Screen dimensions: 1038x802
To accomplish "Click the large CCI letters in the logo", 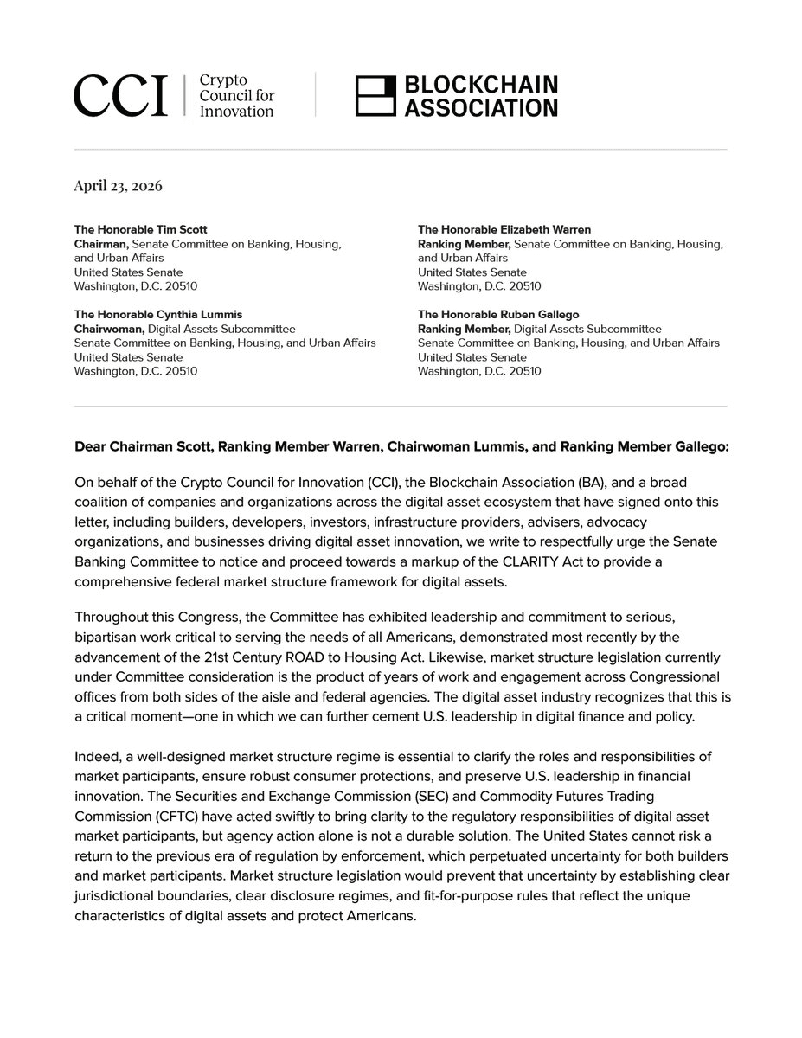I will pos(120,95).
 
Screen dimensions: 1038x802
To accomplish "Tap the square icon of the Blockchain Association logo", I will pos(375,95).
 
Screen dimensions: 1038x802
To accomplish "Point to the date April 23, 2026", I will pos(119,186).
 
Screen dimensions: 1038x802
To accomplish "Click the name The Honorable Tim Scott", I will pos(141,229).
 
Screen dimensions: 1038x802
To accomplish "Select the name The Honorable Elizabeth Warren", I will pos(504,229).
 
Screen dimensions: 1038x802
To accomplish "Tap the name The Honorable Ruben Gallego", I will pos(498,314).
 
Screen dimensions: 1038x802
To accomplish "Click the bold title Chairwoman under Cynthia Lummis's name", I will pos(110,329).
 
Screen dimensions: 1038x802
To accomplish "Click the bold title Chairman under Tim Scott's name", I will pos(101,244).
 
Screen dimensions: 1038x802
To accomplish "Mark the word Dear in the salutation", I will pos(90,447).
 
